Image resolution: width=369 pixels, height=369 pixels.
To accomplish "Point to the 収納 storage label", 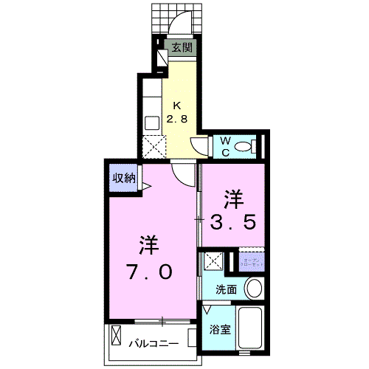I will (124, 177).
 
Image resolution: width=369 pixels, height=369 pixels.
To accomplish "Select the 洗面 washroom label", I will (226, 289).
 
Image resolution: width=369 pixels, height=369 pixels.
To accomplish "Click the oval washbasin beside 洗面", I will (252, 287).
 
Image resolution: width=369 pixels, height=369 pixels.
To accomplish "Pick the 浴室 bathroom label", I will (220, 330).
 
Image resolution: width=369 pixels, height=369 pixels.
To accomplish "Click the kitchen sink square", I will (153, 123).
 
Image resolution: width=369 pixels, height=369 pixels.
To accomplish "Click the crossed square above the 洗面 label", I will (215, 261).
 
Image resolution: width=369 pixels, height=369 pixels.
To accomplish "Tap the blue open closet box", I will (251, 262).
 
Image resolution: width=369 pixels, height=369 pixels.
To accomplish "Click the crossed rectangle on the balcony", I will (116, 339).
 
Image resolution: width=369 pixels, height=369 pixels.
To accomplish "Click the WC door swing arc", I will (198, 144).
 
